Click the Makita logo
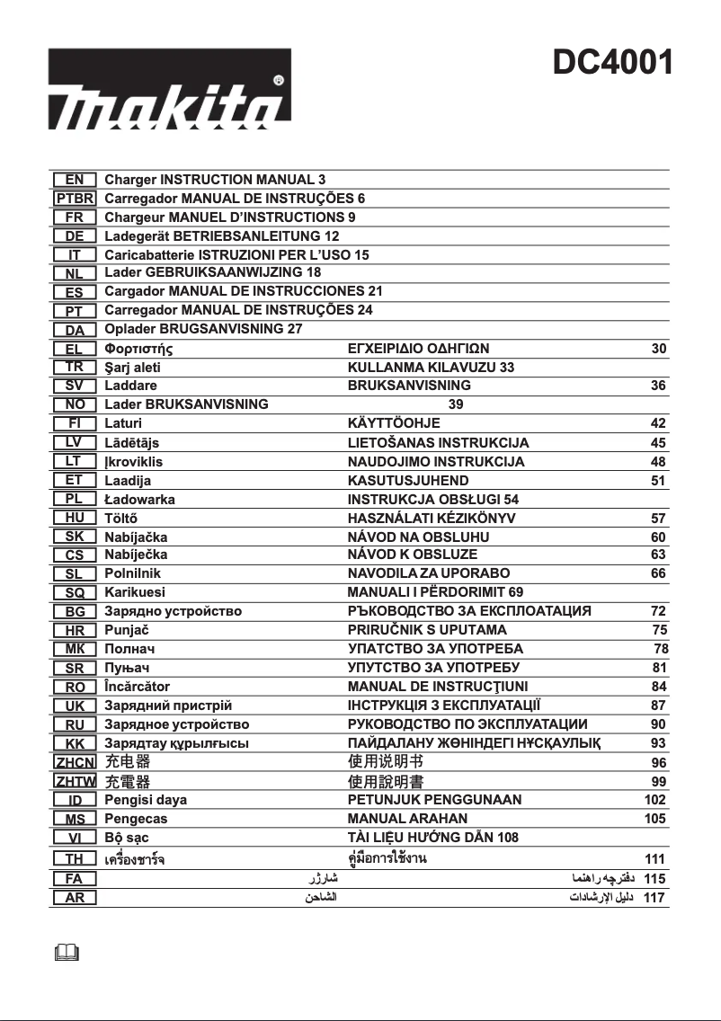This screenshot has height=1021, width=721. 169,90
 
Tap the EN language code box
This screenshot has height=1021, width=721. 75,180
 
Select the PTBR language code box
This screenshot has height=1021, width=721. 75,199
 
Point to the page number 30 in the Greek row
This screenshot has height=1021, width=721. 658,349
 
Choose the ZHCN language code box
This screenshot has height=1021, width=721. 75,762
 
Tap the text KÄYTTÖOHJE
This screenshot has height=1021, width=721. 394,423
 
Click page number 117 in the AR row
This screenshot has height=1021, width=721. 654,897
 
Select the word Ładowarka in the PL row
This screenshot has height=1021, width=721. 140,499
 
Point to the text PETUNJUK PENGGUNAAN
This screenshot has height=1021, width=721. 434,799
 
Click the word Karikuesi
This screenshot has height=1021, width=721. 135,592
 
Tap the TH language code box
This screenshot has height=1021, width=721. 75,858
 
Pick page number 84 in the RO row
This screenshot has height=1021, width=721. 658,687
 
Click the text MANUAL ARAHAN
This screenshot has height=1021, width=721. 407,819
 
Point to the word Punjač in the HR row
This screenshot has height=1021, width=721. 127,630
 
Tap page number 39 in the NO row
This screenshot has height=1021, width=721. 456,404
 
